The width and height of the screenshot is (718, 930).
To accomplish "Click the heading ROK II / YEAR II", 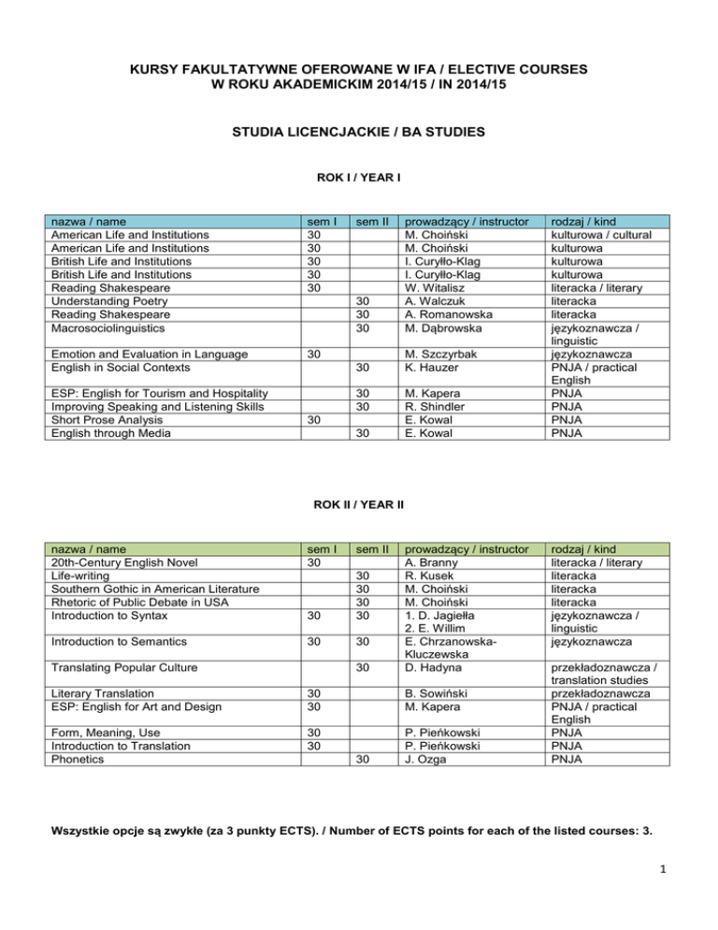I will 359,505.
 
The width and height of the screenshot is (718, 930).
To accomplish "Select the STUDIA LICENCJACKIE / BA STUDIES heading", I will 359,133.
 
